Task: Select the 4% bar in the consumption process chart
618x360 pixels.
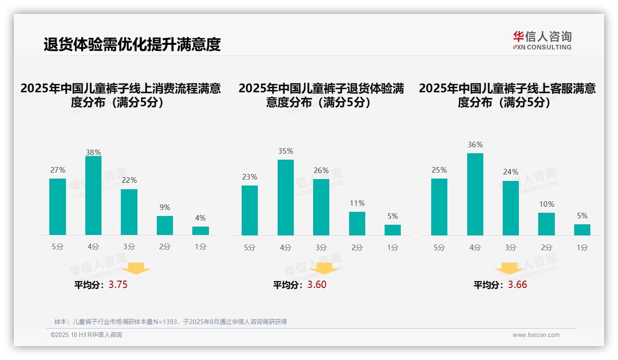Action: click(x=201, y=230)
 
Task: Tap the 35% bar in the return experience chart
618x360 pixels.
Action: click(x=285, y=197)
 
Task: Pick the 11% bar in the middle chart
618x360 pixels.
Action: click(x=357, y=223)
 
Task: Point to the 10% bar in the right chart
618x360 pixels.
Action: click(x=547, y=224)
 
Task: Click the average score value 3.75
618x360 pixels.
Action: click(x=118, y=285)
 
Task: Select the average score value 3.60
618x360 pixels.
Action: click(x=317, y=285)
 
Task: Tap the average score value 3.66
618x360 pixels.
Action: click(x=517, y=285)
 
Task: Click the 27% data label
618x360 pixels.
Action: click(x=58, y=170)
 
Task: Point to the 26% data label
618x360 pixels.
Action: click(x=321, y=171)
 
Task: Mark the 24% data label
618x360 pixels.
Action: click(x=511, y=172)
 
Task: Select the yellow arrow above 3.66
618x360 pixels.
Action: click(x=509, y=268)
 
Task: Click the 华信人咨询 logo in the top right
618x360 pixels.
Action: click(x=542, y=40)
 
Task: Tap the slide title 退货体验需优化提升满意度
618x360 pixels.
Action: click(x=132, y=44)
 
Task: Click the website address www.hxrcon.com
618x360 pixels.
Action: click(x=536, y=335)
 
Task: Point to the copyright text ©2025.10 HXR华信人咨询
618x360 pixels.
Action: click(x=86, y=335)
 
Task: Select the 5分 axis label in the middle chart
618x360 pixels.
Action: click(x=250, y=248)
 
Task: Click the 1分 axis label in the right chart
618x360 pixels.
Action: click(x=582, y=248)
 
